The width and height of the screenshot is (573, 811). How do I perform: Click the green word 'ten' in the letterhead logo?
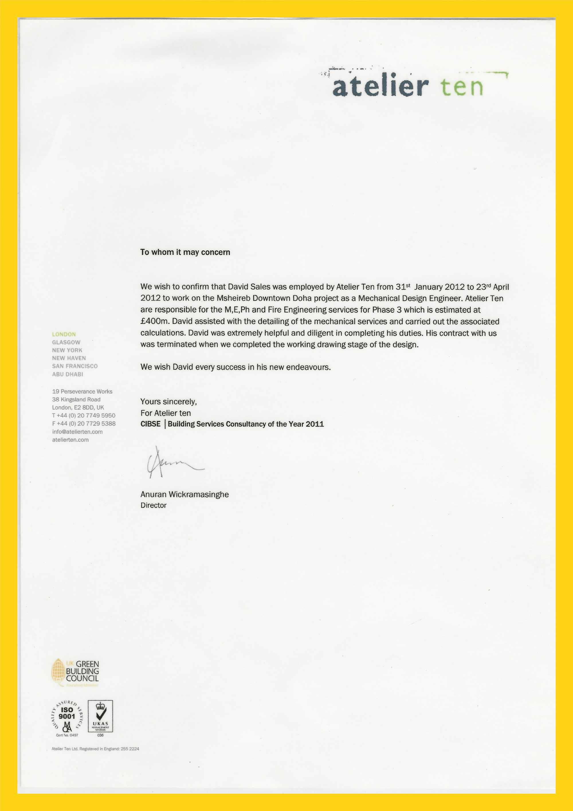coord(461,87)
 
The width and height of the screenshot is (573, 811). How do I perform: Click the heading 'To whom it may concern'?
coord(185,252)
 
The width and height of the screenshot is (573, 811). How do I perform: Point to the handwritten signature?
coord(173,463)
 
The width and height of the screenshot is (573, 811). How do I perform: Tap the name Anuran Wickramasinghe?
coord(185,494)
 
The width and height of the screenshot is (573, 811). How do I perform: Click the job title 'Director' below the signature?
coord(153,505)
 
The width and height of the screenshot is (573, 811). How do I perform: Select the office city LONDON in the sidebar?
coord(64,334)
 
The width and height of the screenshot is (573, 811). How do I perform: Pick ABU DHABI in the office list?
coord(68,374)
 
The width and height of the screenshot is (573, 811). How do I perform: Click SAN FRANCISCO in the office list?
coord(75,366)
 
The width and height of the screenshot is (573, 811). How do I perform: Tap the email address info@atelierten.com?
coord(77,432)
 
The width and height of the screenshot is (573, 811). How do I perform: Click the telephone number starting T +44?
coord(84,415)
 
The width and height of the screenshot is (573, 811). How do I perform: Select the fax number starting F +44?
coord(84,423)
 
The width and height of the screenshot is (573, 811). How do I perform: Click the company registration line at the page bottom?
coord(95,749)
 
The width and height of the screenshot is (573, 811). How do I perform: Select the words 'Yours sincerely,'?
coord(168,402)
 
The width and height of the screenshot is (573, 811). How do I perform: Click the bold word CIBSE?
coord(150,424)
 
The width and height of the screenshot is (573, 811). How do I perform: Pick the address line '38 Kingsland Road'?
coord(76,400)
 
